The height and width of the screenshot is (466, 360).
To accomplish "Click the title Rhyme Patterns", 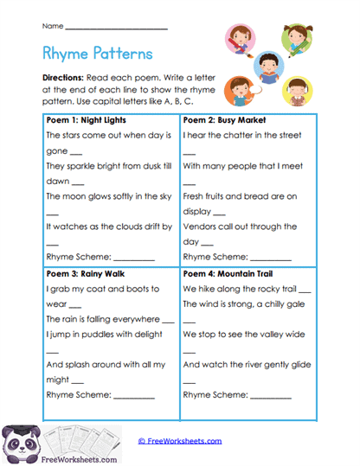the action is pyautogui.click(x=97, y=54).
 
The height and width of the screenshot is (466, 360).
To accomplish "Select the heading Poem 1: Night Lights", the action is pyautogui.click(x=86, y=120).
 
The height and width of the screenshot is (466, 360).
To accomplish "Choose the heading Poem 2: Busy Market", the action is pyautogui.click(x=224, y=120).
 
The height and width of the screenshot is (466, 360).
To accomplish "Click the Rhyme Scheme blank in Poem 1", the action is pyautogui.click(x=133, y=258).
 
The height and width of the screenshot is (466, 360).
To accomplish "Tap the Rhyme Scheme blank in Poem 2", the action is pyautogui.click(x=271, y=258).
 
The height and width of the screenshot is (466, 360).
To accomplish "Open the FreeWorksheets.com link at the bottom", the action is pyautogui.click(x=180, y=441).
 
